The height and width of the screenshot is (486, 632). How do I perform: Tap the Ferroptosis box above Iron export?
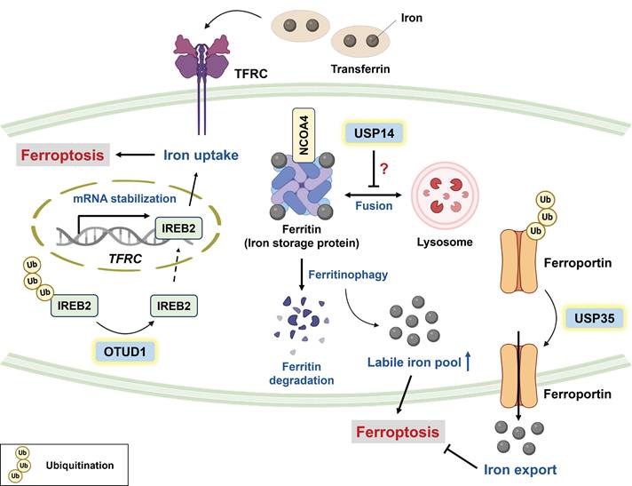[x=397, y=433]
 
